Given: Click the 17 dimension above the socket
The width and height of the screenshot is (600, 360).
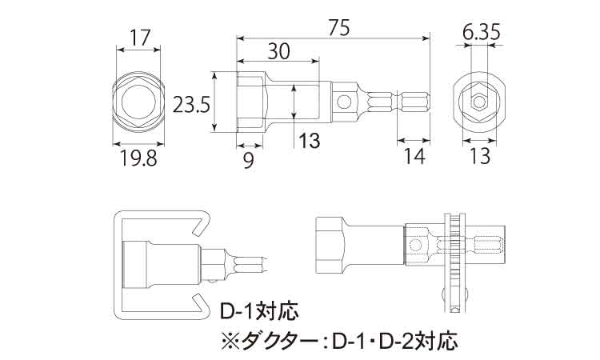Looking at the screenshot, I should click(141, 38).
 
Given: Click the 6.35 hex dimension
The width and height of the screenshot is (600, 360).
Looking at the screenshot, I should click(481, 33).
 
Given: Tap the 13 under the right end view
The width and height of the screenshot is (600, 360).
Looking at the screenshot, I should click(480, 158).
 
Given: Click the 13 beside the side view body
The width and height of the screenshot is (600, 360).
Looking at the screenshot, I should click(309, 142).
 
